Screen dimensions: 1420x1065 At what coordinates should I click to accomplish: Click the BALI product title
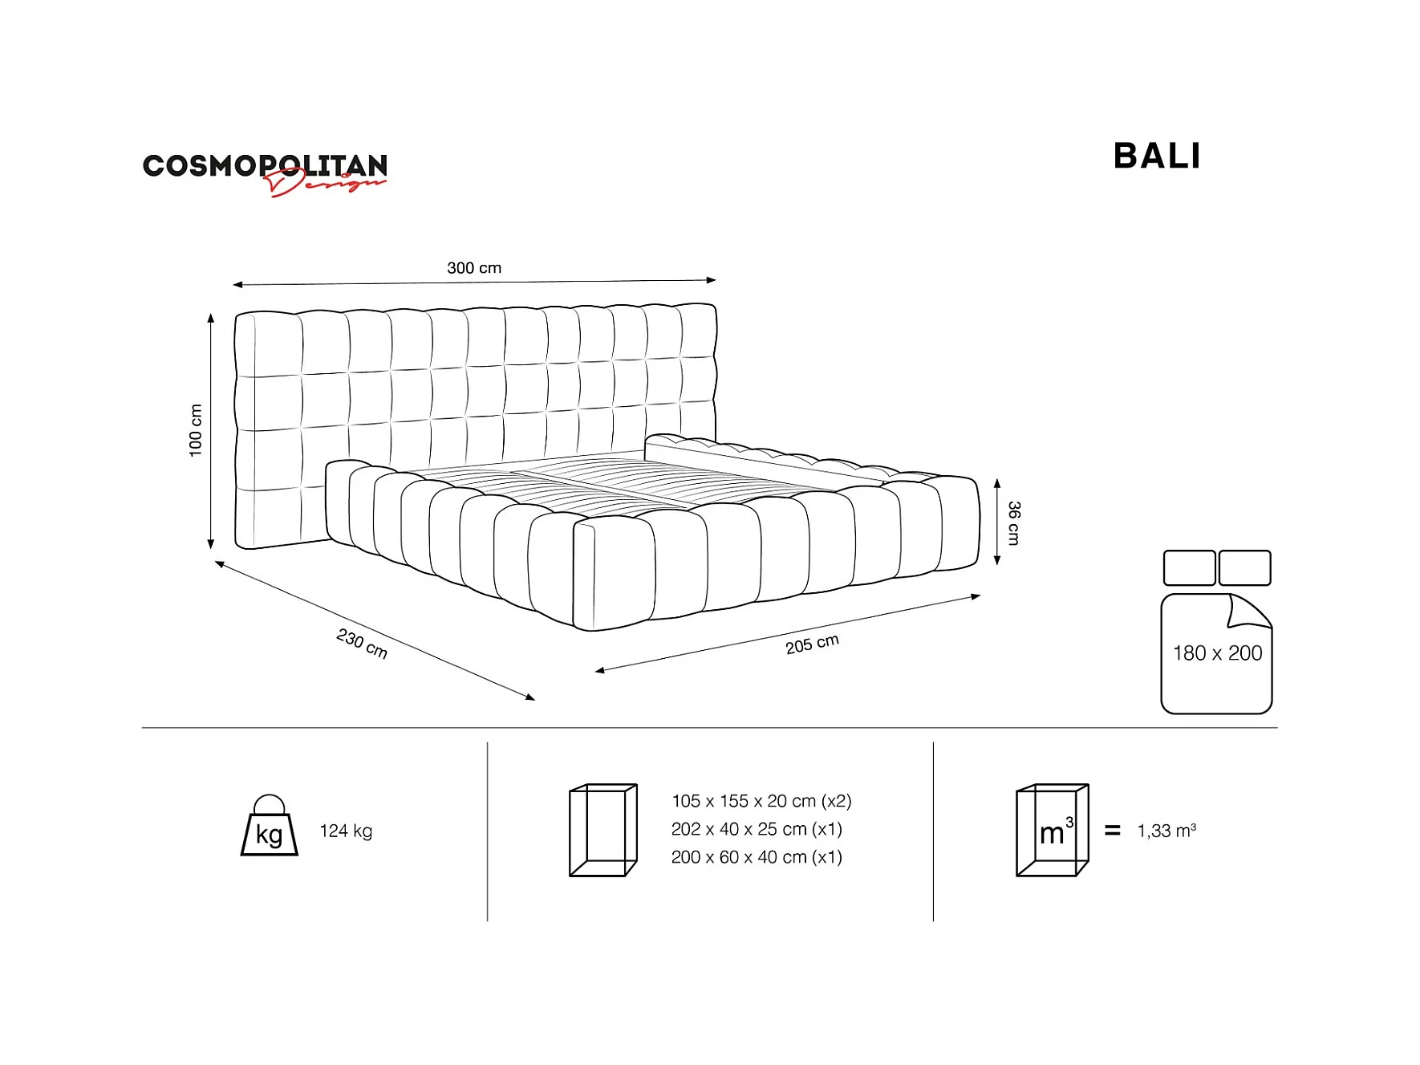1156,156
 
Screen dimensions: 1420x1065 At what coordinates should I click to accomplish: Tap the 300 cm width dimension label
474,268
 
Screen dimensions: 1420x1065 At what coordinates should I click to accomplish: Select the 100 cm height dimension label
195,430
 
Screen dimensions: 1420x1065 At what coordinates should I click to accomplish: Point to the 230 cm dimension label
362,644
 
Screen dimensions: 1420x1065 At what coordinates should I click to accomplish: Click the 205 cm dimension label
812,644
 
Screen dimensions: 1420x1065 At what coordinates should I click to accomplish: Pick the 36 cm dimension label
1014,522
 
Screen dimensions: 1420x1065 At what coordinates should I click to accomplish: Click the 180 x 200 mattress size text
1217,653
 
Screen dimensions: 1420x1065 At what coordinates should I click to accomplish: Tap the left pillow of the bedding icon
1189,567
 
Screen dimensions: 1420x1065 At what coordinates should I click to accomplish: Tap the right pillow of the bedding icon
1244,567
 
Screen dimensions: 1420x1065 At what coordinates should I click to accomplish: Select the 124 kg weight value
346,831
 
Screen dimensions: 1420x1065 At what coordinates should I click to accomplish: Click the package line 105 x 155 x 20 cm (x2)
761,801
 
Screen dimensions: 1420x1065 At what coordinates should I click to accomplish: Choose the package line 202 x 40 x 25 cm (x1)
757,829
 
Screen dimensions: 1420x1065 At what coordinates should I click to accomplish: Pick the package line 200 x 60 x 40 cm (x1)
757,857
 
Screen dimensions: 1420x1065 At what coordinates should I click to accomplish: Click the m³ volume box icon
1052,830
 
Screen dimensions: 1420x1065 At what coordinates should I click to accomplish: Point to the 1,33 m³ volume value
1166,831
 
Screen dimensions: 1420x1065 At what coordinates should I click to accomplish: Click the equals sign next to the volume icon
1112,831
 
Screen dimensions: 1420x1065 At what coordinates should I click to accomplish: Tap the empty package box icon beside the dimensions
602,830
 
